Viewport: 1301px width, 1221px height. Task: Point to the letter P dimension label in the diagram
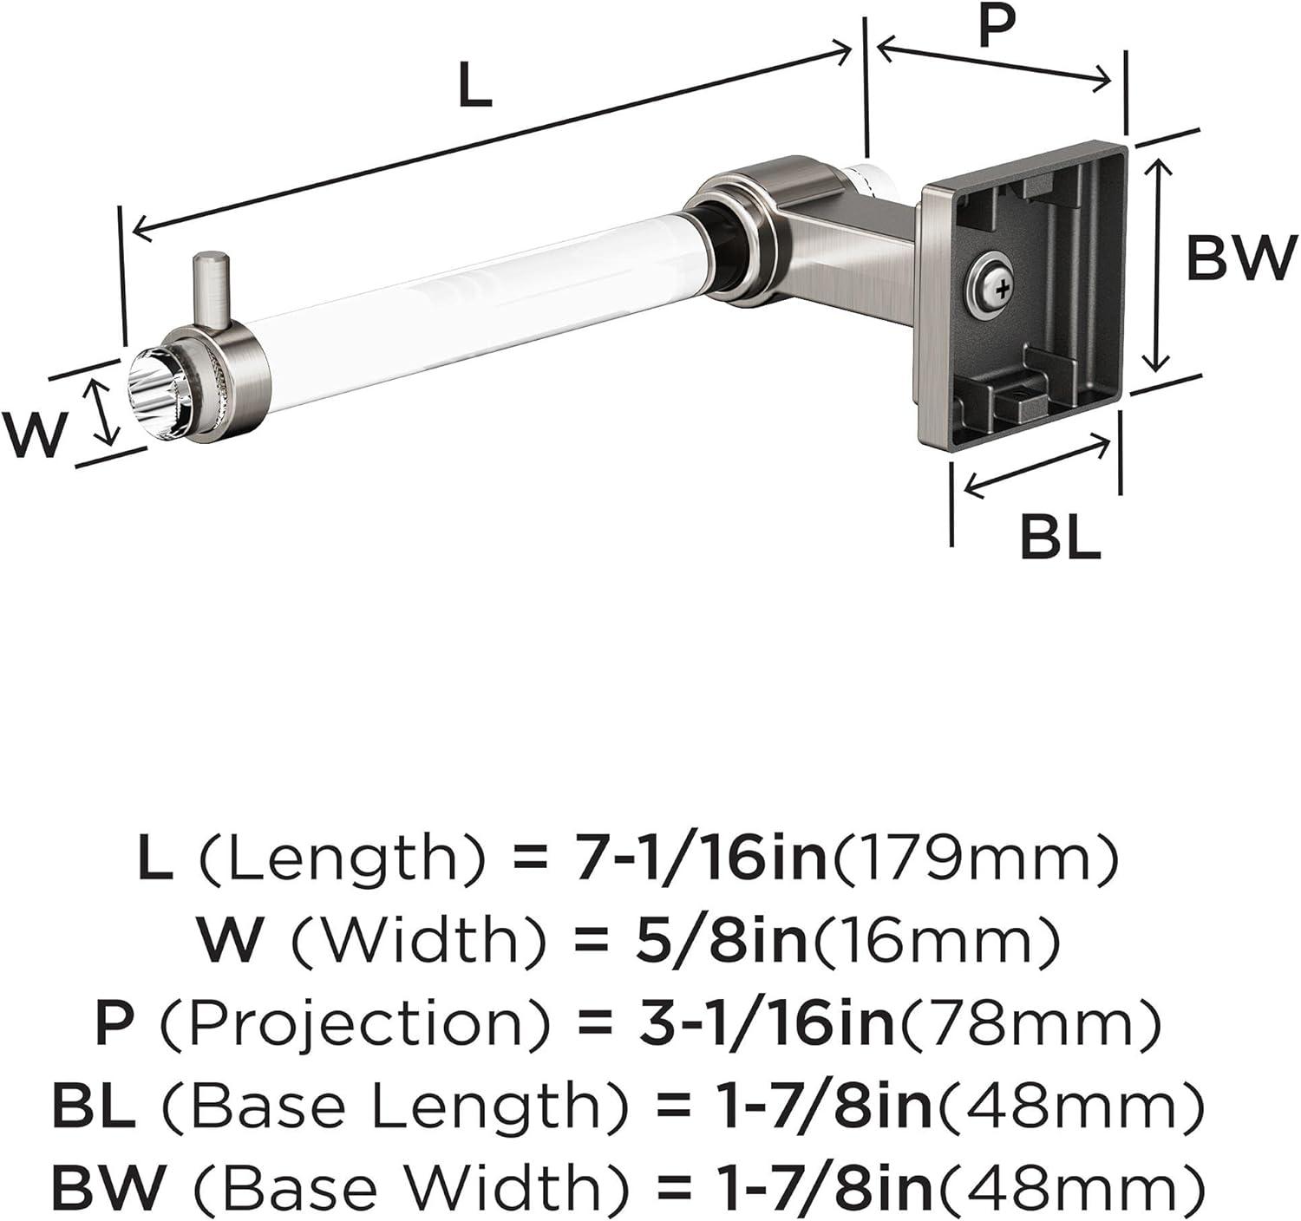(x=997, y=25)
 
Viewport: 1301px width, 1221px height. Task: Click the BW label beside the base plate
(x=1241, y=258)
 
